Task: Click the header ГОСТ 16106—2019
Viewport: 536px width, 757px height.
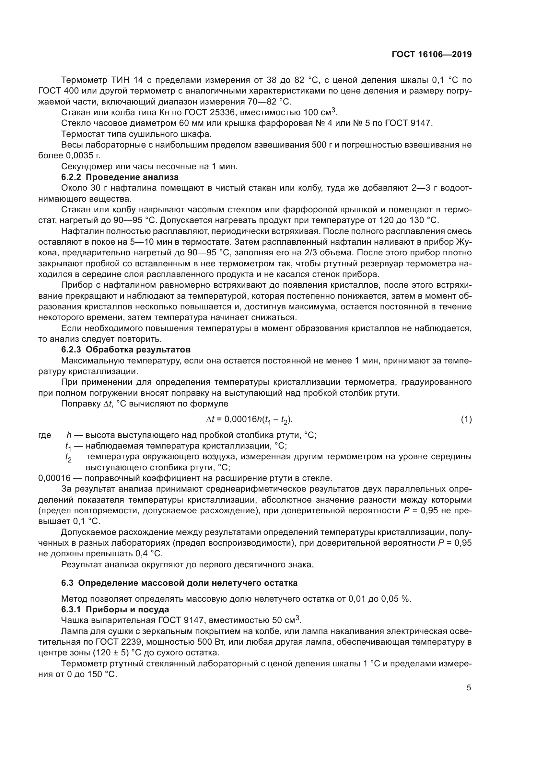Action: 431,55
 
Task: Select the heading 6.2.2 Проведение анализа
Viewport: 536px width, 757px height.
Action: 120,177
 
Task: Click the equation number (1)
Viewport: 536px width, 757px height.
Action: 466,419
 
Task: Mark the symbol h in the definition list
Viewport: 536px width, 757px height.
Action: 69,435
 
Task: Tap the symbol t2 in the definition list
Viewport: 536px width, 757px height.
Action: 68,458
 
